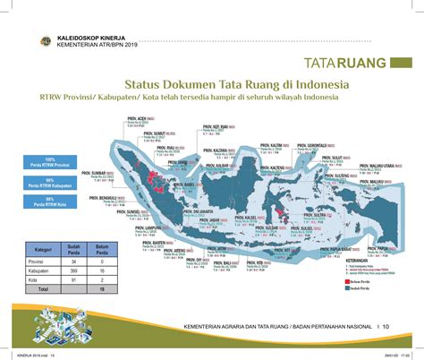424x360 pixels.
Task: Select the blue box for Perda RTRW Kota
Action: tap(51, 201)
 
